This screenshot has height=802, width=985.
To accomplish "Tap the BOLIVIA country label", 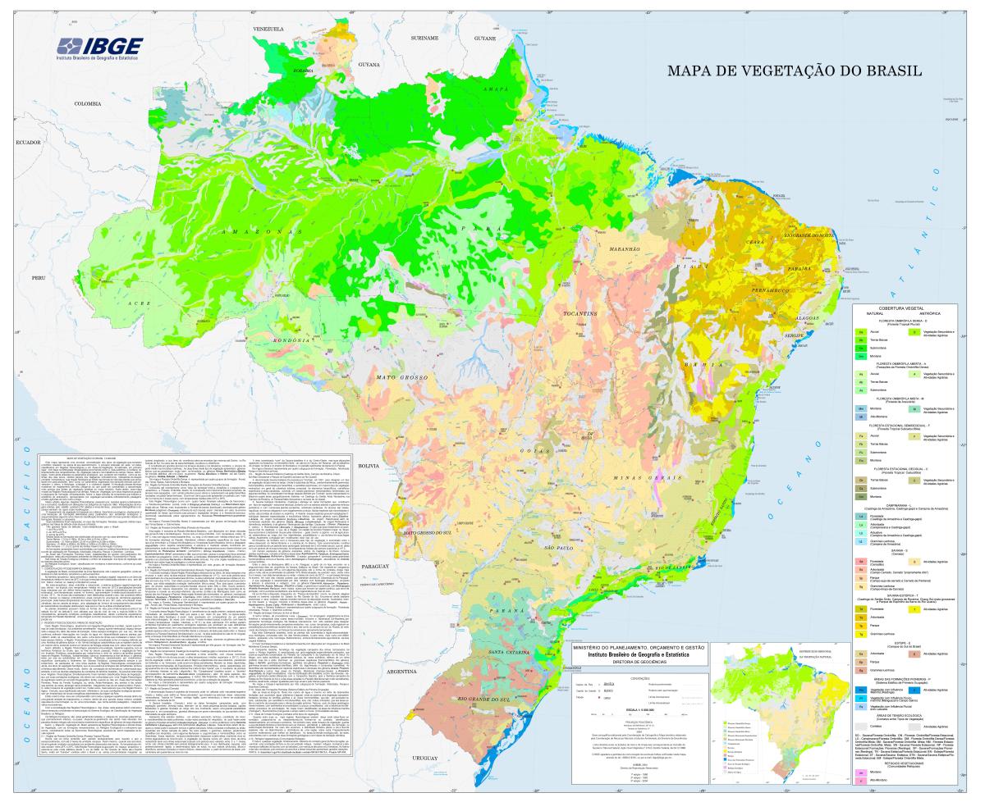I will tap(371, 465).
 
